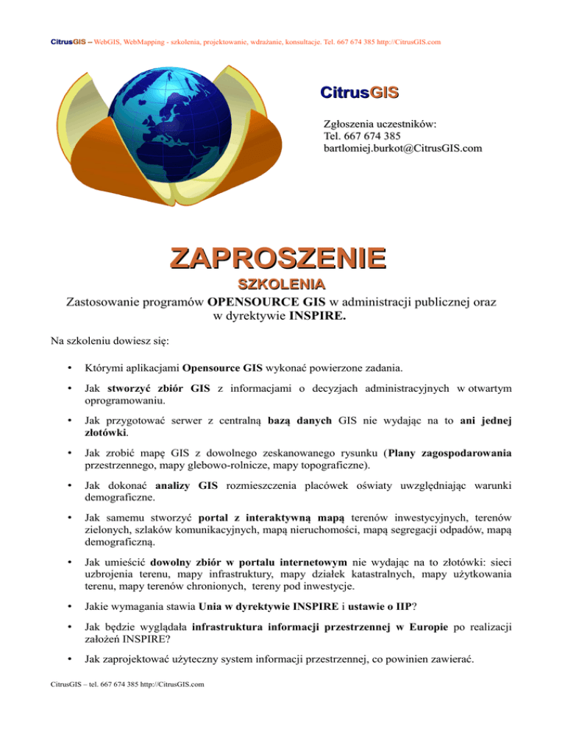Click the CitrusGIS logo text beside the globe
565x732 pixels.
pyautogui.click(x=359, y=94)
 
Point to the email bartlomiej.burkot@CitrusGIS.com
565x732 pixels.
pyautogui.click(x=402, y=149)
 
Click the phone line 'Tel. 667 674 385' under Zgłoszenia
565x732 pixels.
pyautogui.click(x=362, y=136)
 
